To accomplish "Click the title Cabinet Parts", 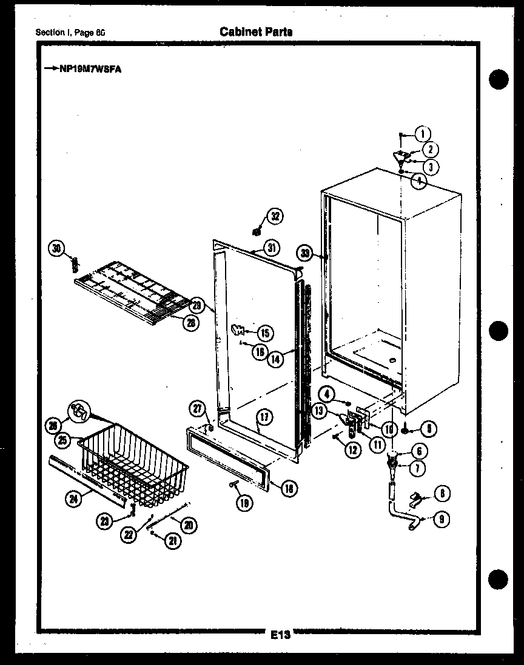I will [x=256, y=31].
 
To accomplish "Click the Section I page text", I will [x=70, y=32].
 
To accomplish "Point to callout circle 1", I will [x=423, y=134].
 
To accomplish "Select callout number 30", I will [x=56, y=248].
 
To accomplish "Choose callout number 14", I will [x=275, y=358].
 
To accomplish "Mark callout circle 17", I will [x=265, y=417].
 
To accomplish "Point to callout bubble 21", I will [x=173, y=541].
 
